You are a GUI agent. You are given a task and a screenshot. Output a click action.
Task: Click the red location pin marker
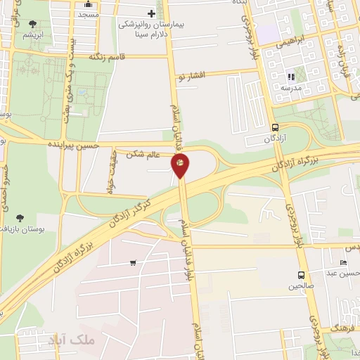click(181, 166)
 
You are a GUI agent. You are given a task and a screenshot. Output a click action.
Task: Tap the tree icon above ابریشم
click(32, 24)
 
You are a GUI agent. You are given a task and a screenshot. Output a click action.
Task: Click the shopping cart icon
click(133, 263)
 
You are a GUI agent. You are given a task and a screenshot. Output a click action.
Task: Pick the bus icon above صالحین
click(301, 275)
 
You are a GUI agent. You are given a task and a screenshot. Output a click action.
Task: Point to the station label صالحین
click(301, 286)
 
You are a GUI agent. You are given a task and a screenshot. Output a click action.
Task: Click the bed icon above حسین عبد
click(343, 262)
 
